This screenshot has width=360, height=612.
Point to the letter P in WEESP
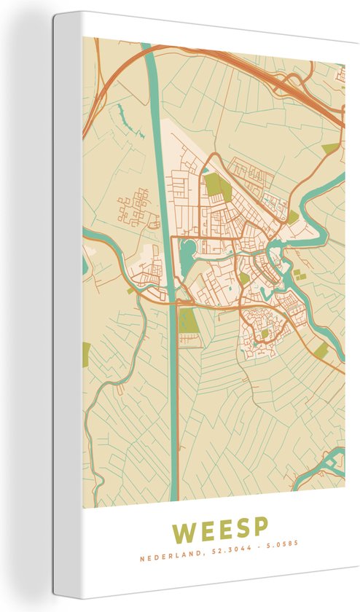tap(259, 527)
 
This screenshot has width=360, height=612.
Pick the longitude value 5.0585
tap(283, 543)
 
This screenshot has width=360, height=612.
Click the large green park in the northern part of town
tap(217, 187)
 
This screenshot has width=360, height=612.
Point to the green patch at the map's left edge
tap(86, 354)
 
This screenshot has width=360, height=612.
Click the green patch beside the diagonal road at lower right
tap(321, 351)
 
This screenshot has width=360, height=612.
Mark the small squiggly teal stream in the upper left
tap(120, 113)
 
